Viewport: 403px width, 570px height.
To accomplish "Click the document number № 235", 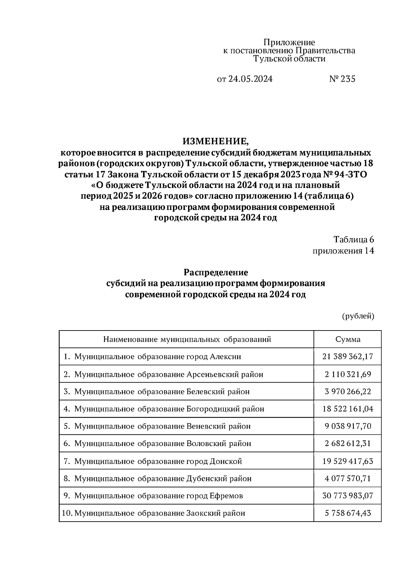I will tap(342, 79).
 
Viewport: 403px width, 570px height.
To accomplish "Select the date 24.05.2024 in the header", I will tap(250, 79).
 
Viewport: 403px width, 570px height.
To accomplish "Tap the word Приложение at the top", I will tap(289, 42).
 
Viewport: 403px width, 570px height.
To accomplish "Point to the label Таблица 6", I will tap(354, 239).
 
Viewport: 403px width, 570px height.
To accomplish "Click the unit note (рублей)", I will tap(358, 316).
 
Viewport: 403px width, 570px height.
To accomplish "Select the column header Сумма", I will tap(348, 339).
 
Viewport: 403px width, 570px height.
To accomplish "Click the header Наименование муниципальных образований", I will tap(187, 339).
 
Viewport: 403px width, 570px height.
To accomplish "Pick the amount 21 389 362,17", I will tap(348, 356).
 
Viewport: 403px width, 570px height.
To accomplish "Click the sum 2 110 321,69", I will tap(348, 374).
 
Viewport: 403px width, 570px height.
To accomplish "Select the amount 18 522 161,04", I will tap(348, 409).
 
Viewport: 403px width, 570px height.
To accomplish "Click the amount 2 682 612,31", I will tap(348, 443).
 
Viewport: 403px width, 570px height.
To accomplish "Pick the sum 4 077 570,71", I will tap(348, 478).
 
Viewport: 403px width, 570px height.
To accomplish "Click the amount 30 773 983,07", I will tap(348, 496).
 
